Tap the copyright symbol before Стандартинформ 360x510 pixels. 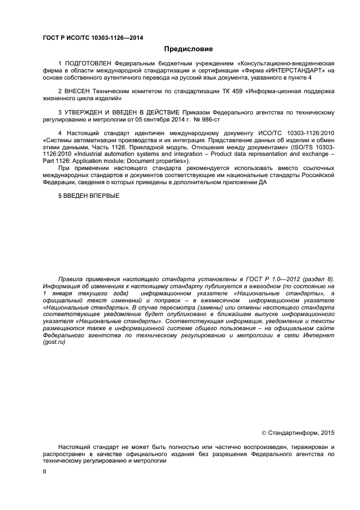264,433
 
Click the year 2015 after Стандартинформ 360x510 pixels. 327,433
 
